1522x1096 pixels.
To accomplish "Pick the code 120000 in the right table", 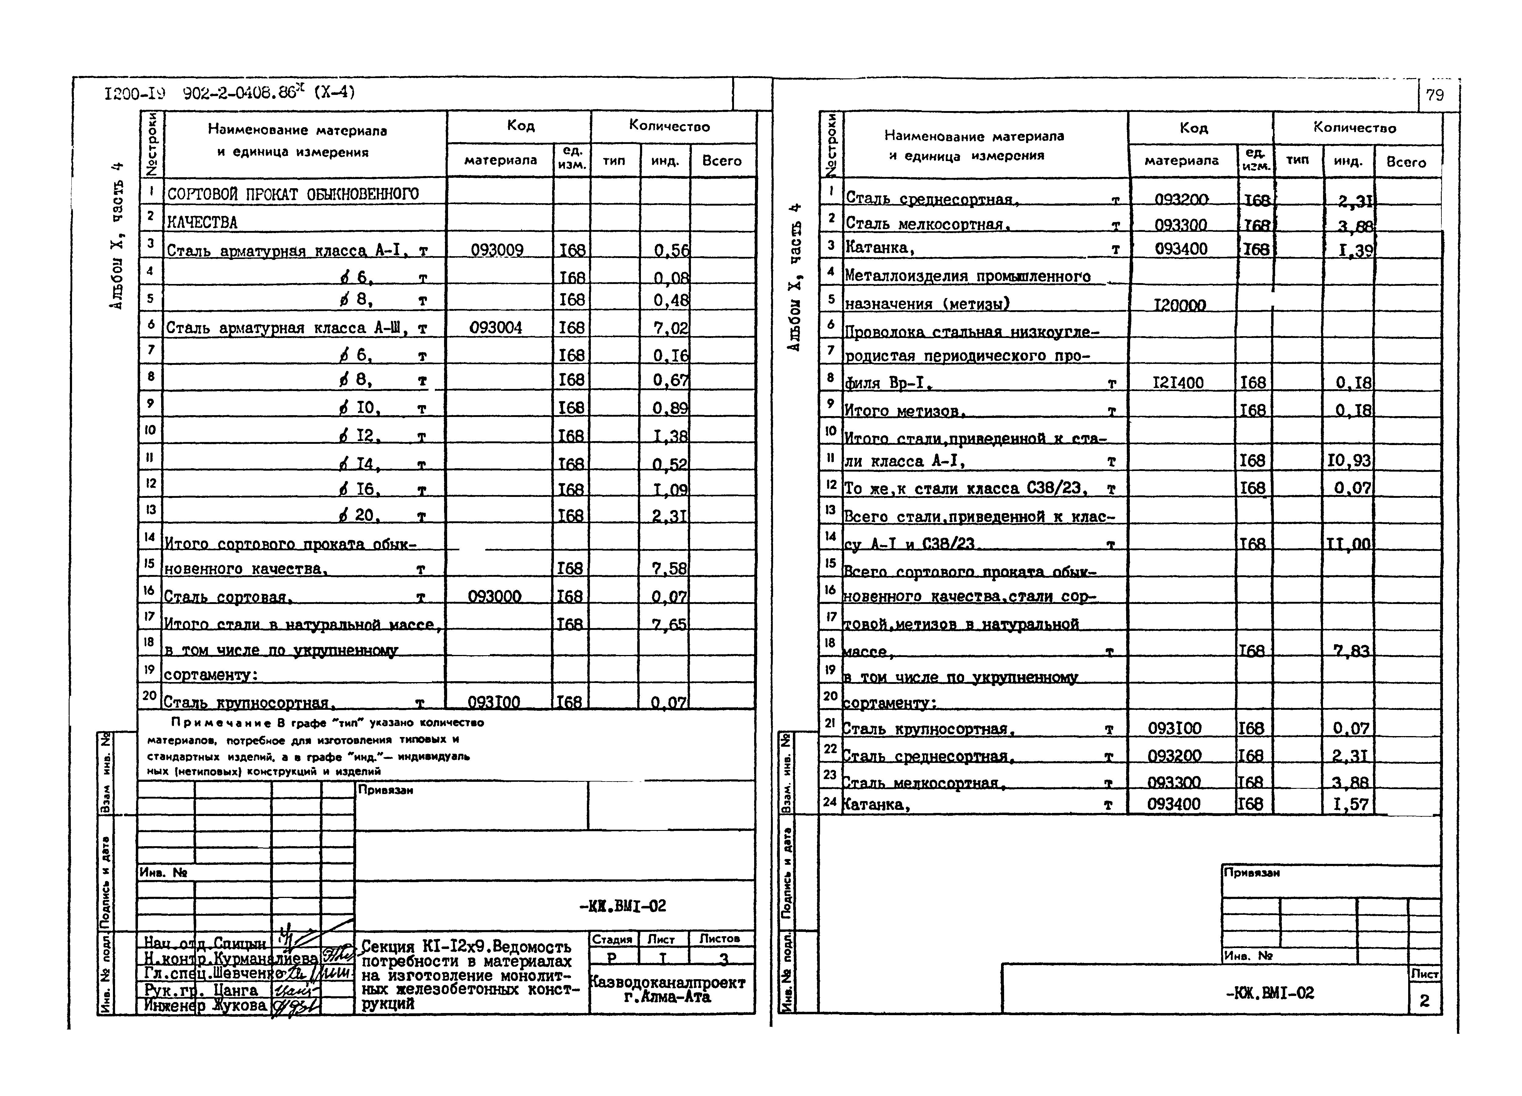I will coord(1179,305).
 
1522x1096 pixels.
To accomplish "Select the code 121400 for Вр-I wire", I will coord(1178,383).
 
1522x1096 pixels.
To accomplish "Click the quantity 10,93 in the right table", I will coord(1349,461).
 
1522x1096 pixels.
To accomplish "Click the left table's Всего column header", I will coord(721,161).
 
